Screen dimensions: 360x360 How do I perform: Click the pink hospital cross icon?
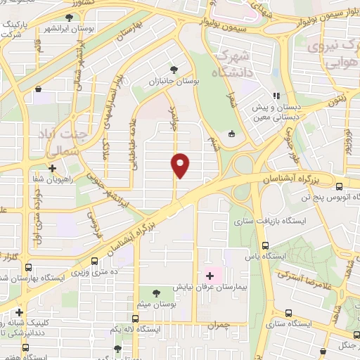click(x=209, y=274)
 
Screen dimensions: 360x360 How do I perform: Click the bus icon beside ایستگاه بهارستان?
click(x=28, y=267)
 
